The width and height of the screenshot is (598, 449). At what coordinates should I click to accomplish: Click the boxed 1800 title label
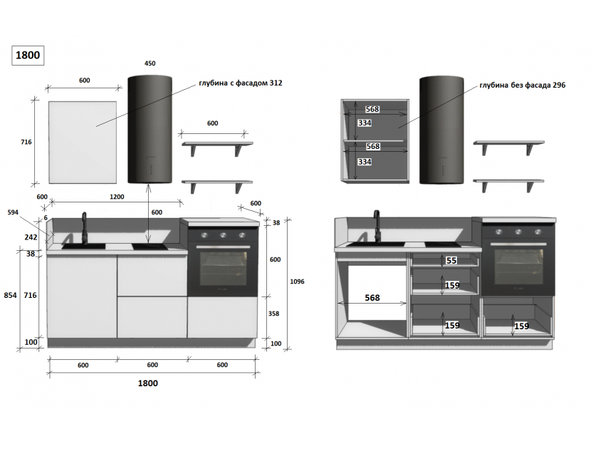point(28,56)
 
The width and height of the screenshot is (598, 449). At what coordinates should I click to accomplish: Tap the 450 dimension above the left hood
point(150,63)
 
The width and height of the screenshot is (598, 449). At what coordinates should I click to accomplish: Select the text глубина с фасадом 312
point(241,83)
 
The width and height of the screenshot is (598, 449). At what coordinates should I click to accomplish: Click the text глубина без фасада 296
point(523,85)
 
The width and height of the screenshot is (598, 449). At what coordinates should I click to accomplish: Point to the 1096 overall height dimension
point(297,282)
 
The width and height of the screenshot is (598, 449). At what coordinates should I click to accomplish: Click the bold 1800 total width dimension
point(148,383)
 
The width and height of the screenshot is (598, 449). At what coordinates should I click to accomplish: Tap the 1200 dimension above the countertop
point(117,197)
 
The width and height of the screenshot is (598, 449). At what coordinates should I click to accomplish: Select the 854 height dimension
point(10,295)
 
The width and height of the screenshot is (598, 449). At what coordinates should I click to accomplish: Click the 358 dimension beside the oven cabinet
point(274,314)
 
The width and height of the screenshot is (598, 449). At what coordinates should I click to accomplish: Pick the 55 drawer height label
point(451,260)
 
